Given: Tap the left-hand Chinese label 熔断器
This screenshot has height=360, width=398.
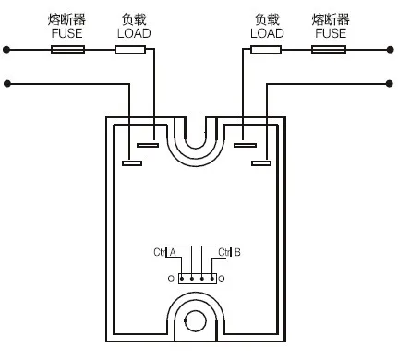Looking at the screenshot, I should click(68, 18).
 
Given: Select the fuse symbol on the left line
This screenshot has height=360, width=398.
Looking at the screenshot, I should click(68, 49).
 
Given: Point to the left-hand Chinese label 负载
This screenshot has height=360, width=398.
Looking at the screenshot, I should click(134, 18).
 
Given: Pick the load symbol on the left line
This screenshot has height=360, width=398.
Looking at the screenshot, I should click(131, 49).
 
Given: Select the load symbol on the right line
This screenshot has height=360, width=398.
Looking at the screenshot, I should click(267, 49).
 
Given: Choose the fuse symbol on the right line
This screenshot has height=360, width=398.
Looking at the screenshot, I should click(329, 49).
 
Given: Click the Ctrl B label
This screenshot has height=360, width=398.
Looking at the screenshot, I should click(229, 252).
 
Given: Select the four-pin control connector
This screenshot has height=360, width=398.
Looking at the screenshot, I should click(197, 278).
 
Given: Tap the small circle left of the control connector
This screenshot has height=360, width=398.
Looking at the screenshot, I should click(171, 278).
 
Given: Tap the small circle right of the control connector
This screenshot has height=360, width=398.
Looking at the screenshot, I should click(223, 278).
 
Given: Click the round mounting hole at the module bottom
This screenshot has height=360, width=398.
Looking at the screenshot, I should click(196, 320).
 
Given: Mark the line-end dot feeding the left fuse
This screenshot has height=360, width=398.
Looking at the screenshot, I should click(7, 49).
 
